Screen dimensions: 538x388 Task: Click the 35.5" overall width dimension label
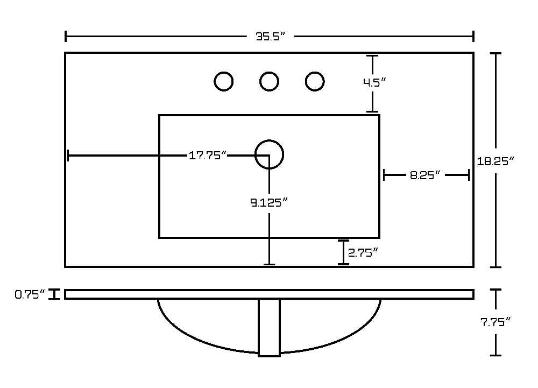[271, 37]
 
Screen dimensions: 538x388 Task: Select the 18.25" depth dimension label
[495, 161]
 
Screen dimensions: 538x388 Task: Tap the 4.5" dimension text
[374, 82]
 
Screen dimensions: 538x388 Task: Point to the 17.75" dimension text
[208, 156]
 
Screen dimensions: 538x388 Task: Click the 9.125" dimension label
[268, 203]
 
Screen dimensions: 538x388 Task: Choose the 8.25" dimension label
[425, 175]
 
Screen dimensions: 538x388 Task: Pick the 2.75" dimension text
[363, 253]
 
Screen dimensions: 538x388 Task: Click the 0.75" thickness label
[30, 294]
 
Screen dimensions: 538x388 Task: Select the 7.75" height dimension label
[495, 322]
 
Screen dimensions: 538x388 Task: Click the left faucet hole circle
[224, 72]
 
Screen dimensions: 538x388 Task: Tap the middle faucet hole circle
[270, 72]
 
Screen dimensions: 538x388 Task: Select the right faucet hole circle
[315, 72]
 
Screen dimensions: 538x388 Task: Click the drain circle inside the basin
[270, 140]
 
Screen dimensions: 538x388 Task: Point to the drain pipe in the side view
[270, 328]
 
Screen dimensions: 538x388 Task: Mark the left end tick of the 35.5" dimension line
[66, 37]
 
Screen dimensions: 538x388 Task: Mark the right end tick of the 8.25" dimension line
[469, 175]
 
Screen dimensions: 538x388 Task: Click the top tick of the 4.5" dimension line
[372, 55]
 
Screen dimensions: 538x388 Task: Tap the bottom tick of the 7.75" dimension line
[495, 355]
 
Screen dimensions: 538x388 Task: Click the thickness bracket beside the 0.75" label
[54, 294]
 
